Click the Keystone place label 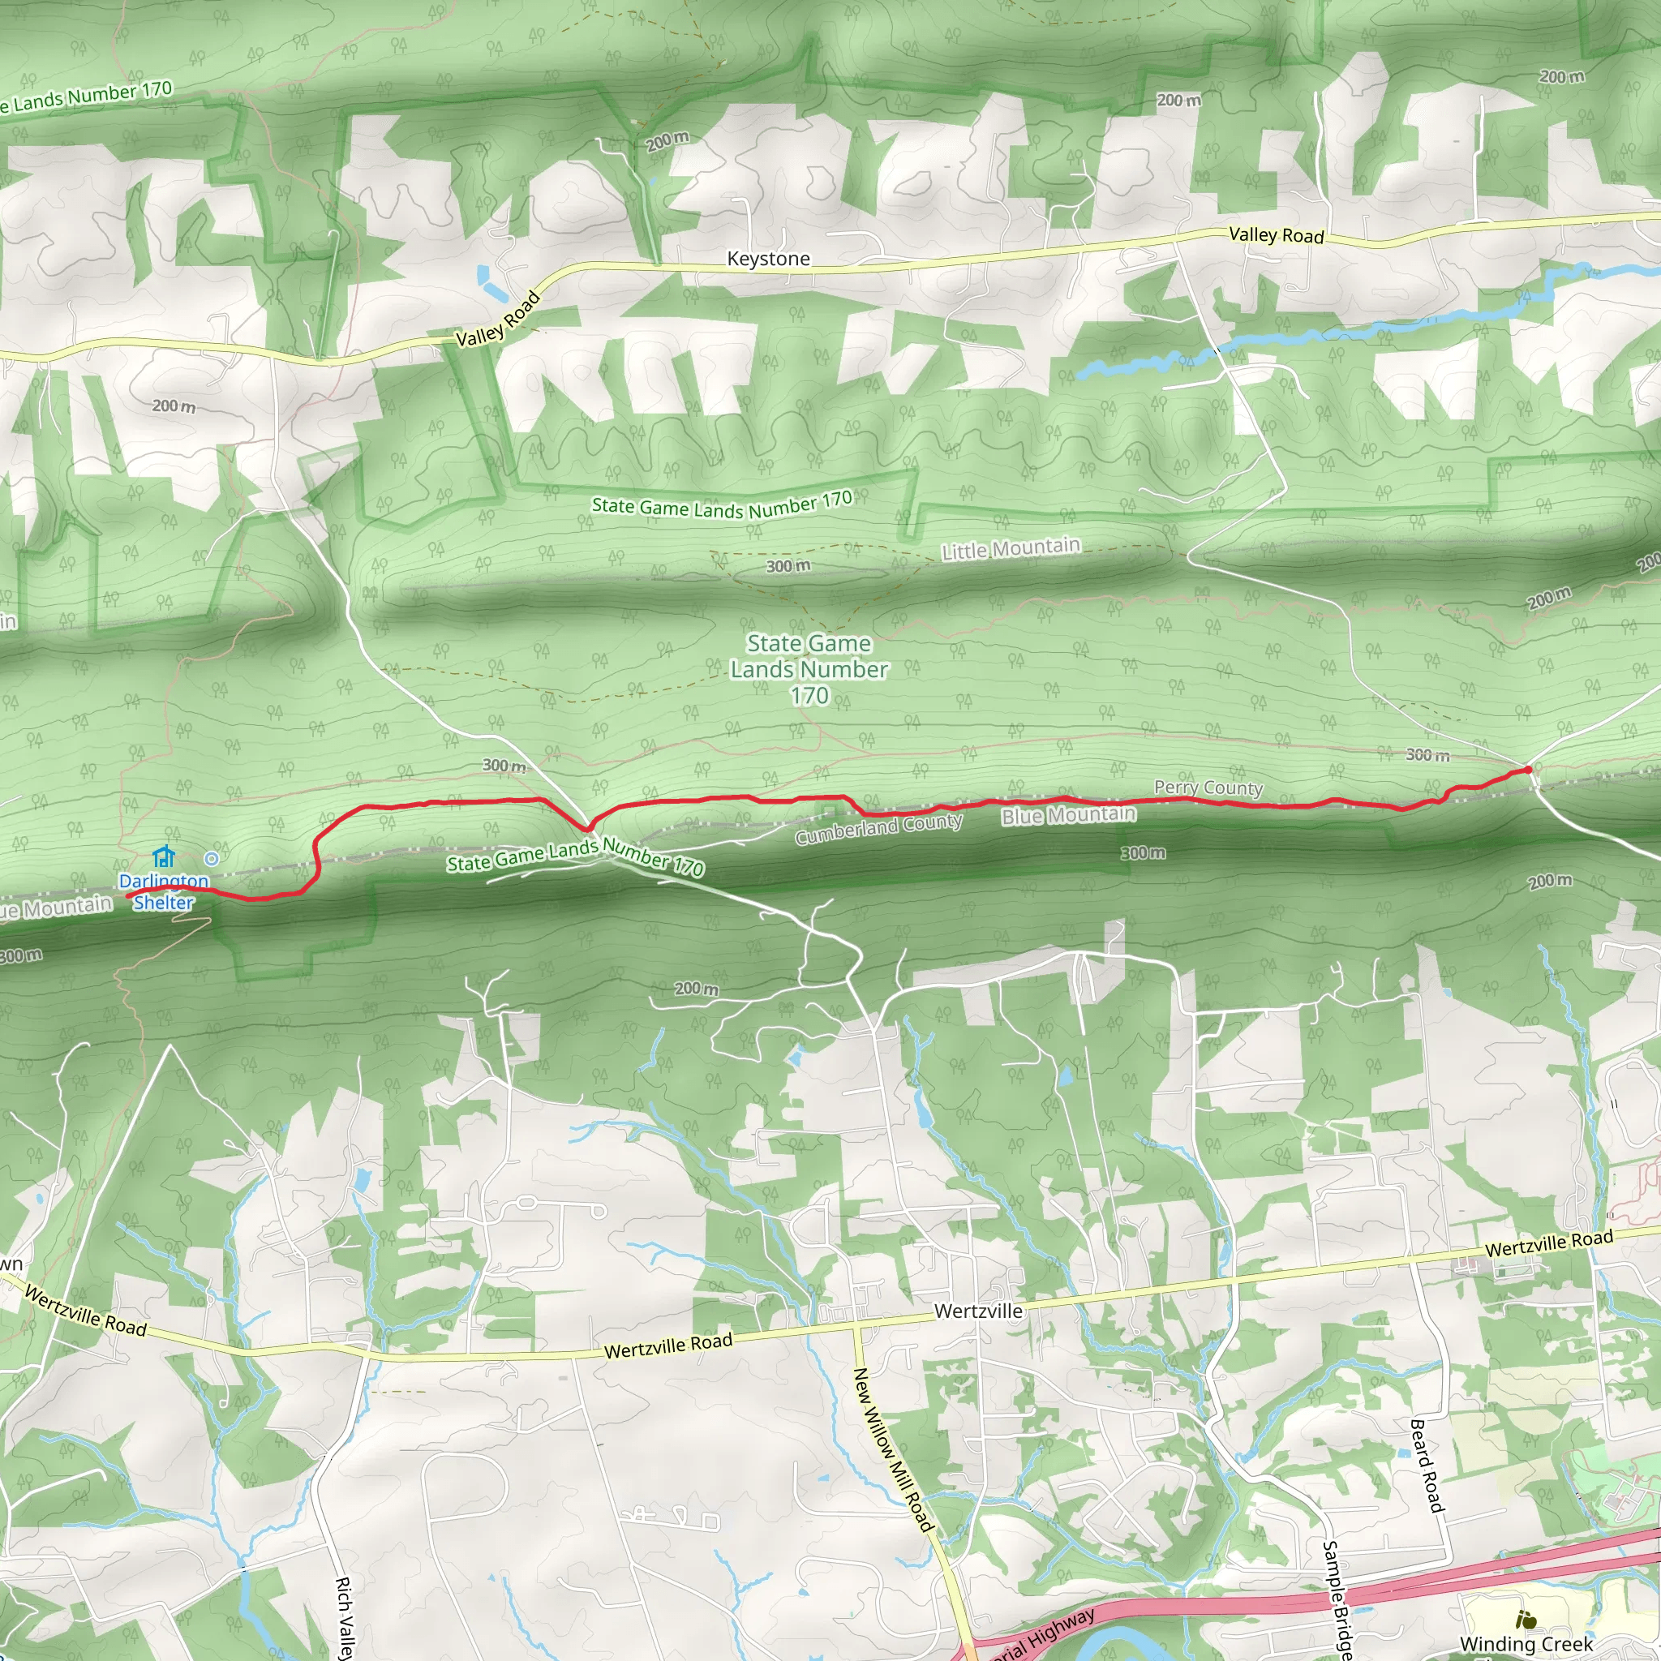click(768, 259)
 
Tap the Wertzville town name click(978, 1311)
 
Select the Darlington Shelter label click(163, 891)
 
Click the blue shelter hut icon click(163, 856)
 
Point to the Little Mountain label click(1011, 548)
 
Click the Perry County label click(1208, 788)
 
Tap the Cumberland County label click(878, 829)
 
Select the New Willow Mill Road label click(892, 1449)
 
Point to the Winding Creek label click(1526, 1644)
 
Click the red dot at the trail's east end click(1528, 770)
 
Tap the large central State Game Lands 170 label click(809, 669)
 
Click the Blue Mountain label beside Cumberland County click(1069, 814)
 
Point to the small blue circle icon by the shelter click(212, 858)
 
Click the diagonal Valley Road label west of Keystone click(498, 319)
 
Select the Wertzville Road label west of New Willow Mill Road click(668, 1346)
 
